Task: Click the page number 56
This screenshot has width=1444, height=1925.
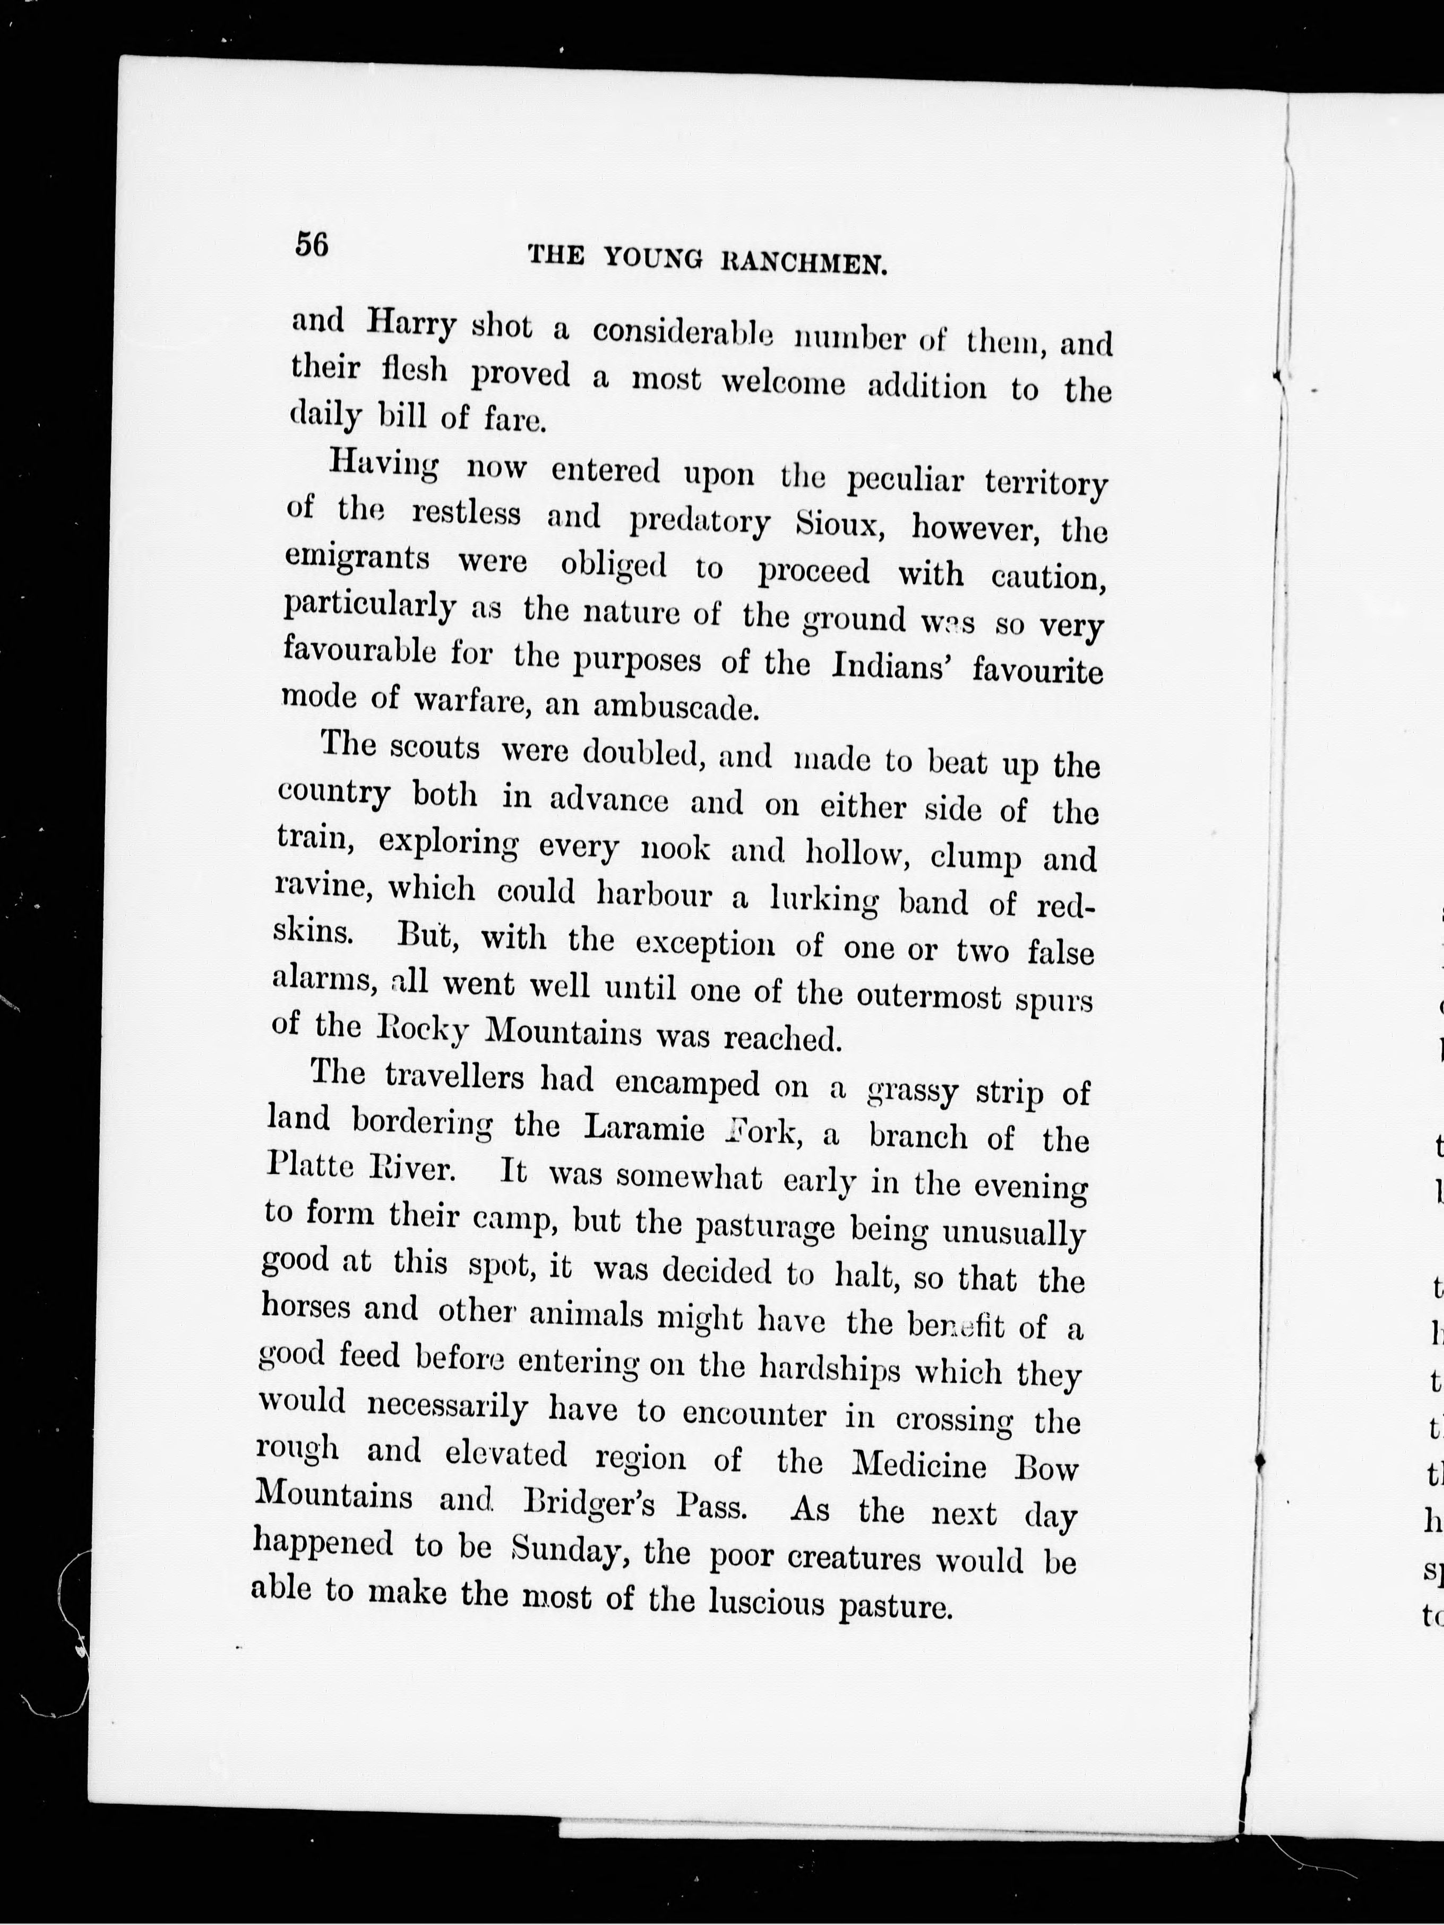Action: [x=312, y=244]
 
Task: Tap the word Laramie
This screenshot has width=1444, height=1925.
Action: [x=644, y=1129]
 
